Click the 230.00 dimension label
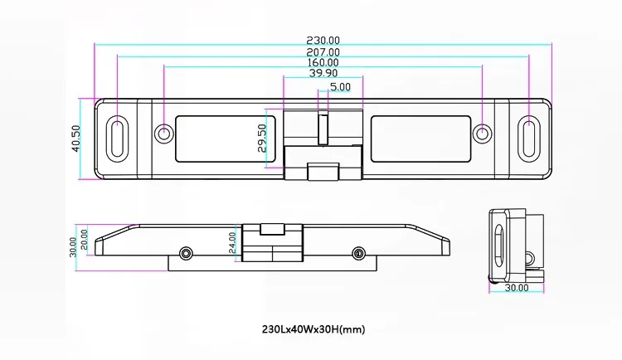pyautogui.click(x=323, y=41)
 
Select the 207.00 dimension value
pyautogui.click(x=323, y=52)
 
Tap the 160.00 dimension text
pyautogui.click(x=323, y=62)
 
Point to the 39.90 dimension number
pyautogui.click(x=323, y=73)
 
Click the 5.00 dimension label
pyautogui.click(x=340, y=86)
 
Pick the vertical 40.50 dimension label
pyautogui.click(x=75, y=139)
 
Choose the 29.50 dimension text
pyautogui.click(x=262, y=139)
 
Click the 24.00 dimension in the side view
pyautogui.click(x=232, y=242)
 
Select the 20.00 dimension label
pyautogui.click(x=84, y=240)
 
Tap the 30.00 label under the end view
pyautogui.click(x=517, y=288)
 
